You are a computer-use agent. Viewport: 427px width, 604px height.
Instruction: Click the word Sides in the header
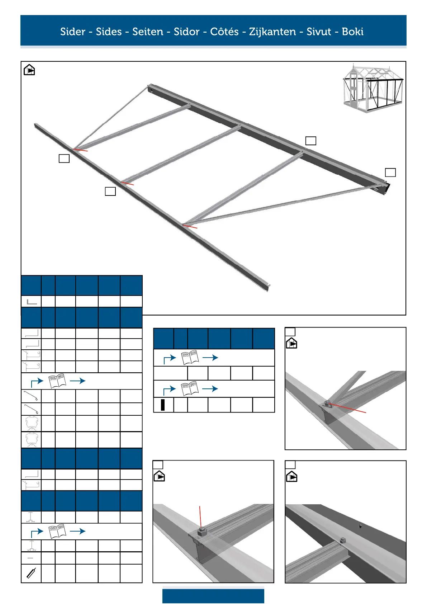click(x=109, y=32)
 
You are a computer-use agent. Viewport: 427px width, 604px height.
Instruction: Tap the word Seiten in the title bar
click(x=148, y=32)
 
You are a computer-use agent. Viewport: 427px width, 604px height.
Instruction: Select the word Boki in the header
click(x=352, y=32)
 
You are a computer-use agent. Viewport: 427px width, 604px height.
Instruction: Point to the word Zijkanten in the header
click(x=272, y=32)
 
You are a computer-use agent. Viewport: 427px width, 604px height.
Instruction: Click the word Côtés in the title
click(x=224, y=32)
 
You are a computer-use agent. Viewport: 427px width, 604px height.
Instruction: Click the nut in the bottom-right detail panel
click(x=343, y=540)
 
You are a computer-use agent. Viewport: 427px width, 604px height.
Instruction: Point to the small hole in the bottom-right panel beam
click(x=360, y=527)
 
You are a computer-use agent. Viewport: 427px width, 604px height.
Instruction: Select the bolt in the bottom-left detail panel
click(x=201, y=530)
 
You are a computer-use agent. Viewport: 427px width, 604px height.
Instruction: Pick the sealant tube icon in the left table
click(x=31, y=573)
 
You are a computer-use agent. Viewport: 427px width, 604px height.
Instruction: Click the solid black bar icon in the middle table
click(x=163, y=405)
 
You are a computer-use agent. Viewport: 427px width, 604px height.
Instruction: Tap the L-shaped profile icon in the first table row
click(x=32, y=302)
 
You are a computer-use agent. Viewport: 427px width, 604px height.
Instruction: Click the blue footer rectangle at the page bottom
click(x=213, y=596)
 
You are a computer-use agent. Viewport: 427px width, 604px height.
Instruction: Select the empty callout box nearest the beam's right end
click(x=390, y=173)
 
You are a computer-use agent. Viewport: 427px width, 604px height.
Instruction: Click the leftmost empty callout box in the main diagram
click(x=64, y=158)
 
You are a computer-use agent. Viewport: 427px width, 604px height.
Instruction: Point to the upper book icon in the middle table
click(x=190, y=358)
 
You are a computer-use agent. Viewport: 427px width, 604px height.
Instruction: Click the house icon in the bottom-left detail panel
click(x=159, y=477)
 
